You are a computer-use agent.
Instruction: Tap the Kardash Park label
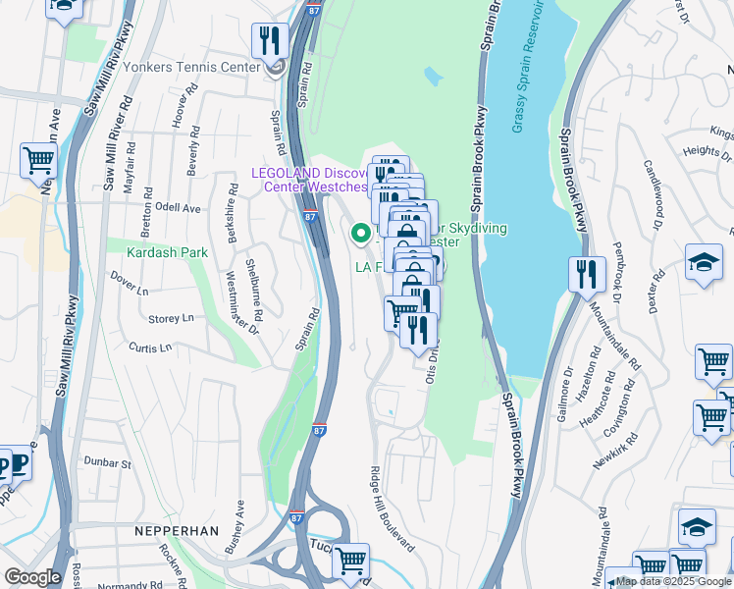(167, 252)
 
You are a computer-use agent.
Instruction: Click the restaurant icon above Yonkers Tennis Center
(269, 41)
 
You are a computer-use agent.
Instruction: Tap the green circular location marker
(360, 234)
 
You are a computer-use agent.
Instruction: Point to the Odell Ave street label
(177, 208)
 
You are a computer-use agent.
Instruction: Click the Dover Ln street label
(129, 292)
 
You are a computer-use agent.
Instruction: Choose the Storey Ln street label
(171, 319)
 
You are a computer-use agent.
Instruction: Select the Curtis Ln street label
(150, 348)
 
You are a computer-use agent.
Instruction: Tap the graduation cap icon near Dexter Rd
(703, 262)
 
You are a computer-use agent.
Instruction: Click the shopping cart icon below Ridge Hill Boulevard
(350, 562)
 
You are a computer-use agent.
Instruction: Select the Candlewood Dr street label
(655, 190)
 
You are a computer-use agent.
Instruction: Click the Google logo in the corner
(32, 577)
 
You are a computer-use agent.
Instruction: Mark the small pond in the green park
(433, 77)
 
